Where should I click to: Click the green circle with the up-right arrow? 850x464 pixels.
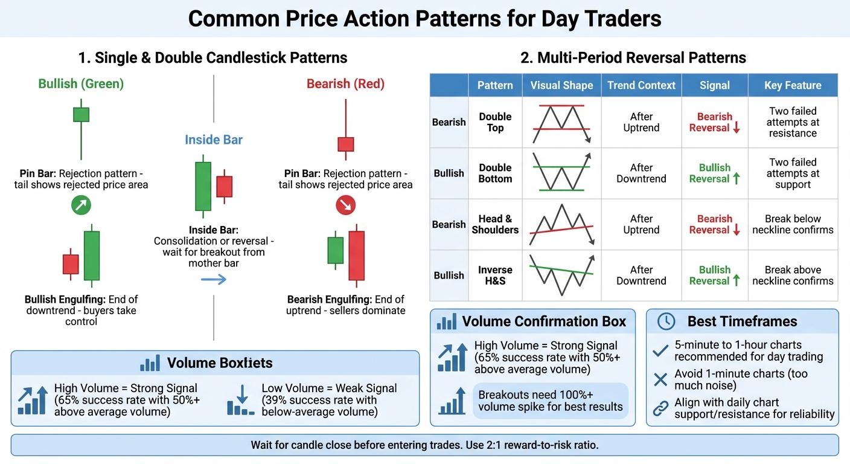81,206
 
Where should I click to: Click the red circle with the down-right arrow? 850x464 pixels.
345,206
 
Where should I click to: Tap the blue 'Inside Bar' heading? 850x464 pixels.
214,140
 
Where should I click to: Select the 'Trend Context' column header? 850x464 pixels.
641,85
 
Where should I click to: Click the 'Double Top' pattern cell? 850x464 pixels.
495,122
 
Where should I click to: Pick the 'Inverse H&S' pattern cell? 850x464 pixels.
495,275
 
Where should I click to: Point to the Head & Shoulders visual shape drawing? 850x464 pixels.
561,224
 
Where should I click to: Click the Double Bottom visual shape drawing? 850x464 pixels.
561,173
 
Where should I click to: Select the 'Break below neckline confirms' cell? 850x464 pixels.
792,224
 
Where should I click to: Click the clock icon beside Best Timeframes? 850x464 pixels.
666,321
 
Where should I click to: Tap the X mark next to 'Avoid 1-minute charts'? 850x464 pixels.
661,379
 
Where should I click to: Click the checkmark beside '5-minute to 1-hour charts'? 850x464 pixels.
661,350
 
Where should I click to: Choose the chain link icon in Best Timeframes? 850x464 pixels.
661,408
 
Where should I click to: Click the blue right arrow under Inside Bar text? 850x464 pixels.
214,279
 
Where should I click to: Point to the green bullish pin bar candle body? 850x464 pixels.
81,115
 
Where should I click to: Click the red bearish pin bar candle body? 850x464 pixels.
345,144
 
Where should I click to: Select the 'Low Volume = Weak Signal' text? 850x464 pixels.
329,388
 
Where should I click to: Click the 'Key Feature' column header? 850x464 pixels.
792,85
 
